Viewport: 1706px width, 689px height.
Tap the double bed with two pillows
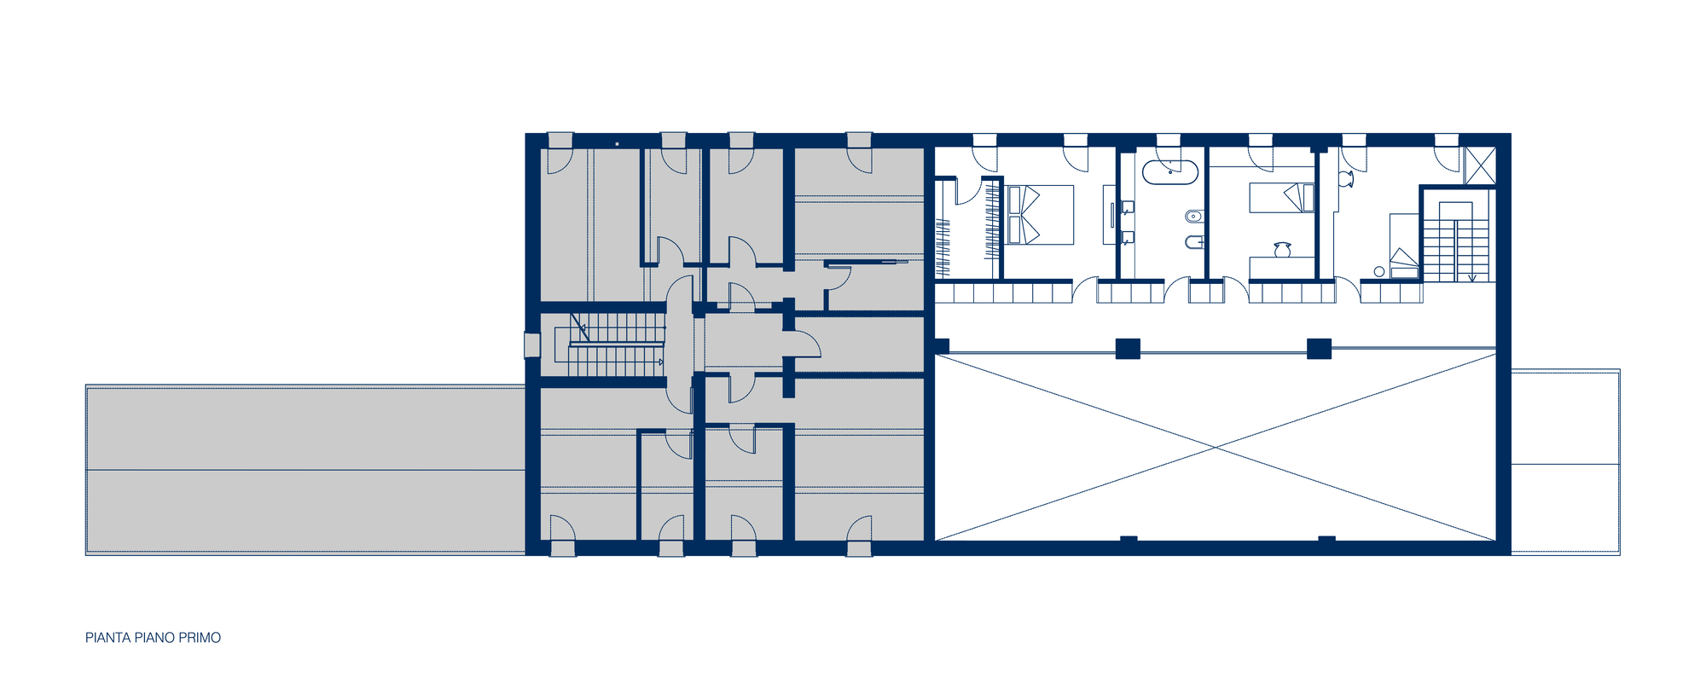tap(1039, 215)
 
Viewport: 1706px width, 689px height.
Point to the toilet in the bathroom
tap(1193, 216)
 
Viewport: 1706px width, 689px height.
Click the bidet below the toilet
tap(1193, 242)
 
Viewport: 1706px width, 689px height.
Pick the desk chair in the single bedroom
tap(1281, 249)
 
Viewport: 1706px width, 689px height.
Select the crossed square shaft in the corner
tap(1480, 166)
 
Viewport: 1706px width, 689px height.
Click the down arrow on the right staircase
tap(1471, 276)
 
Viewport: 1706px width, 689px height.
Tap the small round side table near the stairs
tap(1379, 271)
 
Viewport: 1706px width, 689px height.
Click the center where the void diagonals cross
tap(1216, 446)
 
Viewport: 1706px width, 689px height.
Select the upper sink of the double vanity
tap(1128, 206)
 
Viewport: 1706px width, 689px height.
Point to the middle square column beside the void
tap(1128, 348)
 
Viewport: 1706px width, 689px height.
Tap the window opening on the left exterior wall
tap(531, 345)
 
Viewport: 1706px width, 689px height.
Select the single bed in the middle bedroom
tap(1282, 198)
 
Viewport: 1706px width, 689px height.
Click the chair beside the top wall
tap(1345, 179)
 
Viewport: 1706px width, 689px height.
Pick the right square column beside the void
tap(1319, 348)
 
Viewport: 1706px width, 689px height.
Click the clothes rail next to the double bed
tap(992, 223)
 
